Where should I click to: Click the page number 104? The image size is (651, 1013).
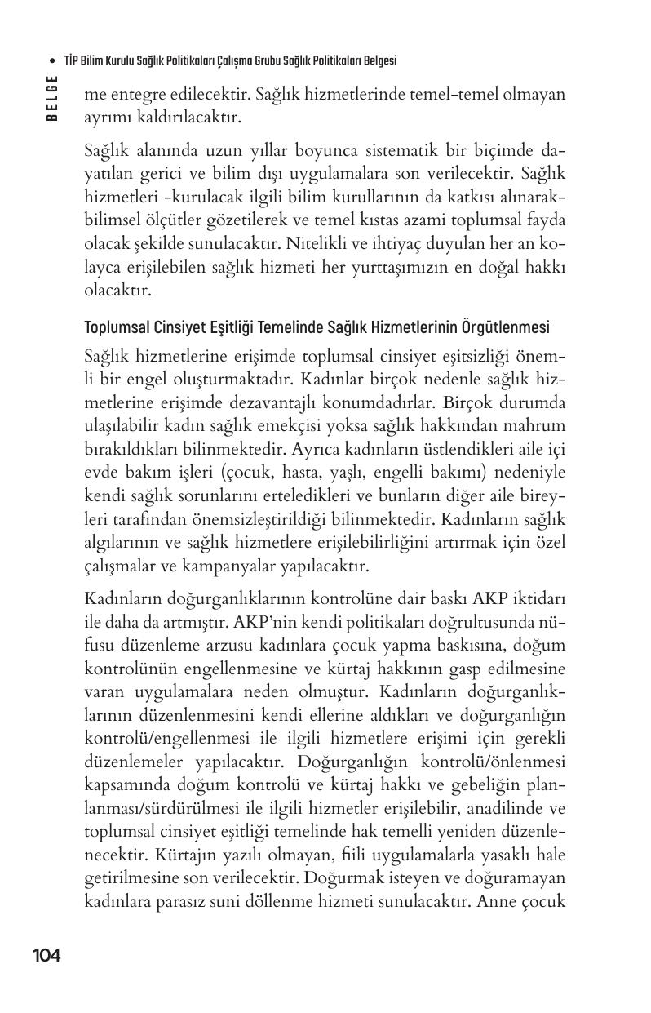click(x=46, y=955)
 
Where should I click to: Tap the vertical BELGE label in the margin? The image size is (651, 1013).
click(x=52, y=98)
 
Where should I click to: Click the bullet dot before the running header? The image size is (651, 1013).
click(x=52, y=61)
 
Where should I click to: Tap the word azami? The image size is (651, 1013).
click(x=418, y=220)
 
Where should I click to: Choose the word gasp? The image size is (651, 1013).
click(x=454, y=668)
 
